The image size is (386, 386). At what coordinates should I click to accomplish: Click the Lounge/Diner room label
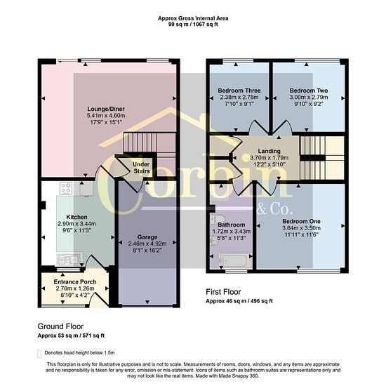point(106,109)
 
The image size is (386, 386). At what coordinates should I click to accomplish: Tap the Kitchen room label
point(76,217)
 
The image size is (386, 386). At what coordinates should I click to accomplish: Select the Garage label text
point(147,237)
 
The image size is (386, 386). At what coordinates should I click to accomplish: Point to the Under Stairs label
point(141,168)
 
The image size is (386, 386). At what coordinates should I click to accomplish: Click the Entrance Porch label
point(75,282)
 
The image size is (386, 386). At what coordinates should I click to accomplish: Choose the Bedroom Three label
point(239,91)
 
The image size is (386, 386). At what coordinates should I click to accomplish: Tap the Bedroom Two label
point(309,91)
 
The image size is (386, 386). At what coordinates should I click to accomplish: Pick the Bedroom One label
point(301,221)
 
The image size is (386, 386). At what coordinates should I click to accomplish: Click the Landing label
point(269,151)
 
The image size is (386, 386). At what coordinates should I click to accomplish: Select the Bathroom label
point(232,225)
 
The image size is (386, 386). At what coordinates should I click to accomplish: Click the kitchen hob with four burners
point(66,188)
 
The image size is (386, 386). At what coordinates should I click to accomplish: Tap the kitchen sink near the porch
point(69,259)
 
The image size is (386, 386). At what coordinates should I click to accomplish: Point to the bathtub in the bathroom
point(235,260)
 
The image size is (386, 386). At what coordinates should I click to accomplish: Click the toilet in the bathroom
point(217,218)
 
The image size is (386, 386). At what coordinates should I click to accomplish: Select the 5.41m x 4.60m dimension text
point(106,116)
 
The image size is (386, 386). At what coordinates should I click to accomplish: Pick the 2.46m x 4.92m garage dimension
point(147,244)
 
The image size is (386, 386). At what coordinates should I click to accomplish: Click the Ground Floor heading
point(60,326)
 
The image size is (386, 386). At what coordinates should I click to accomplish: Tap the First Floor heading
point(223,292)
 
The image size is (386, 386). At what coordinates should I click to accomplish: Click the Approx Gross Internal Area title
point(193,18)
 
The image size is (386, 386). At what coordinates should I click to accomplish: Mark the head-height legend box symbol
point(39,353)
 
